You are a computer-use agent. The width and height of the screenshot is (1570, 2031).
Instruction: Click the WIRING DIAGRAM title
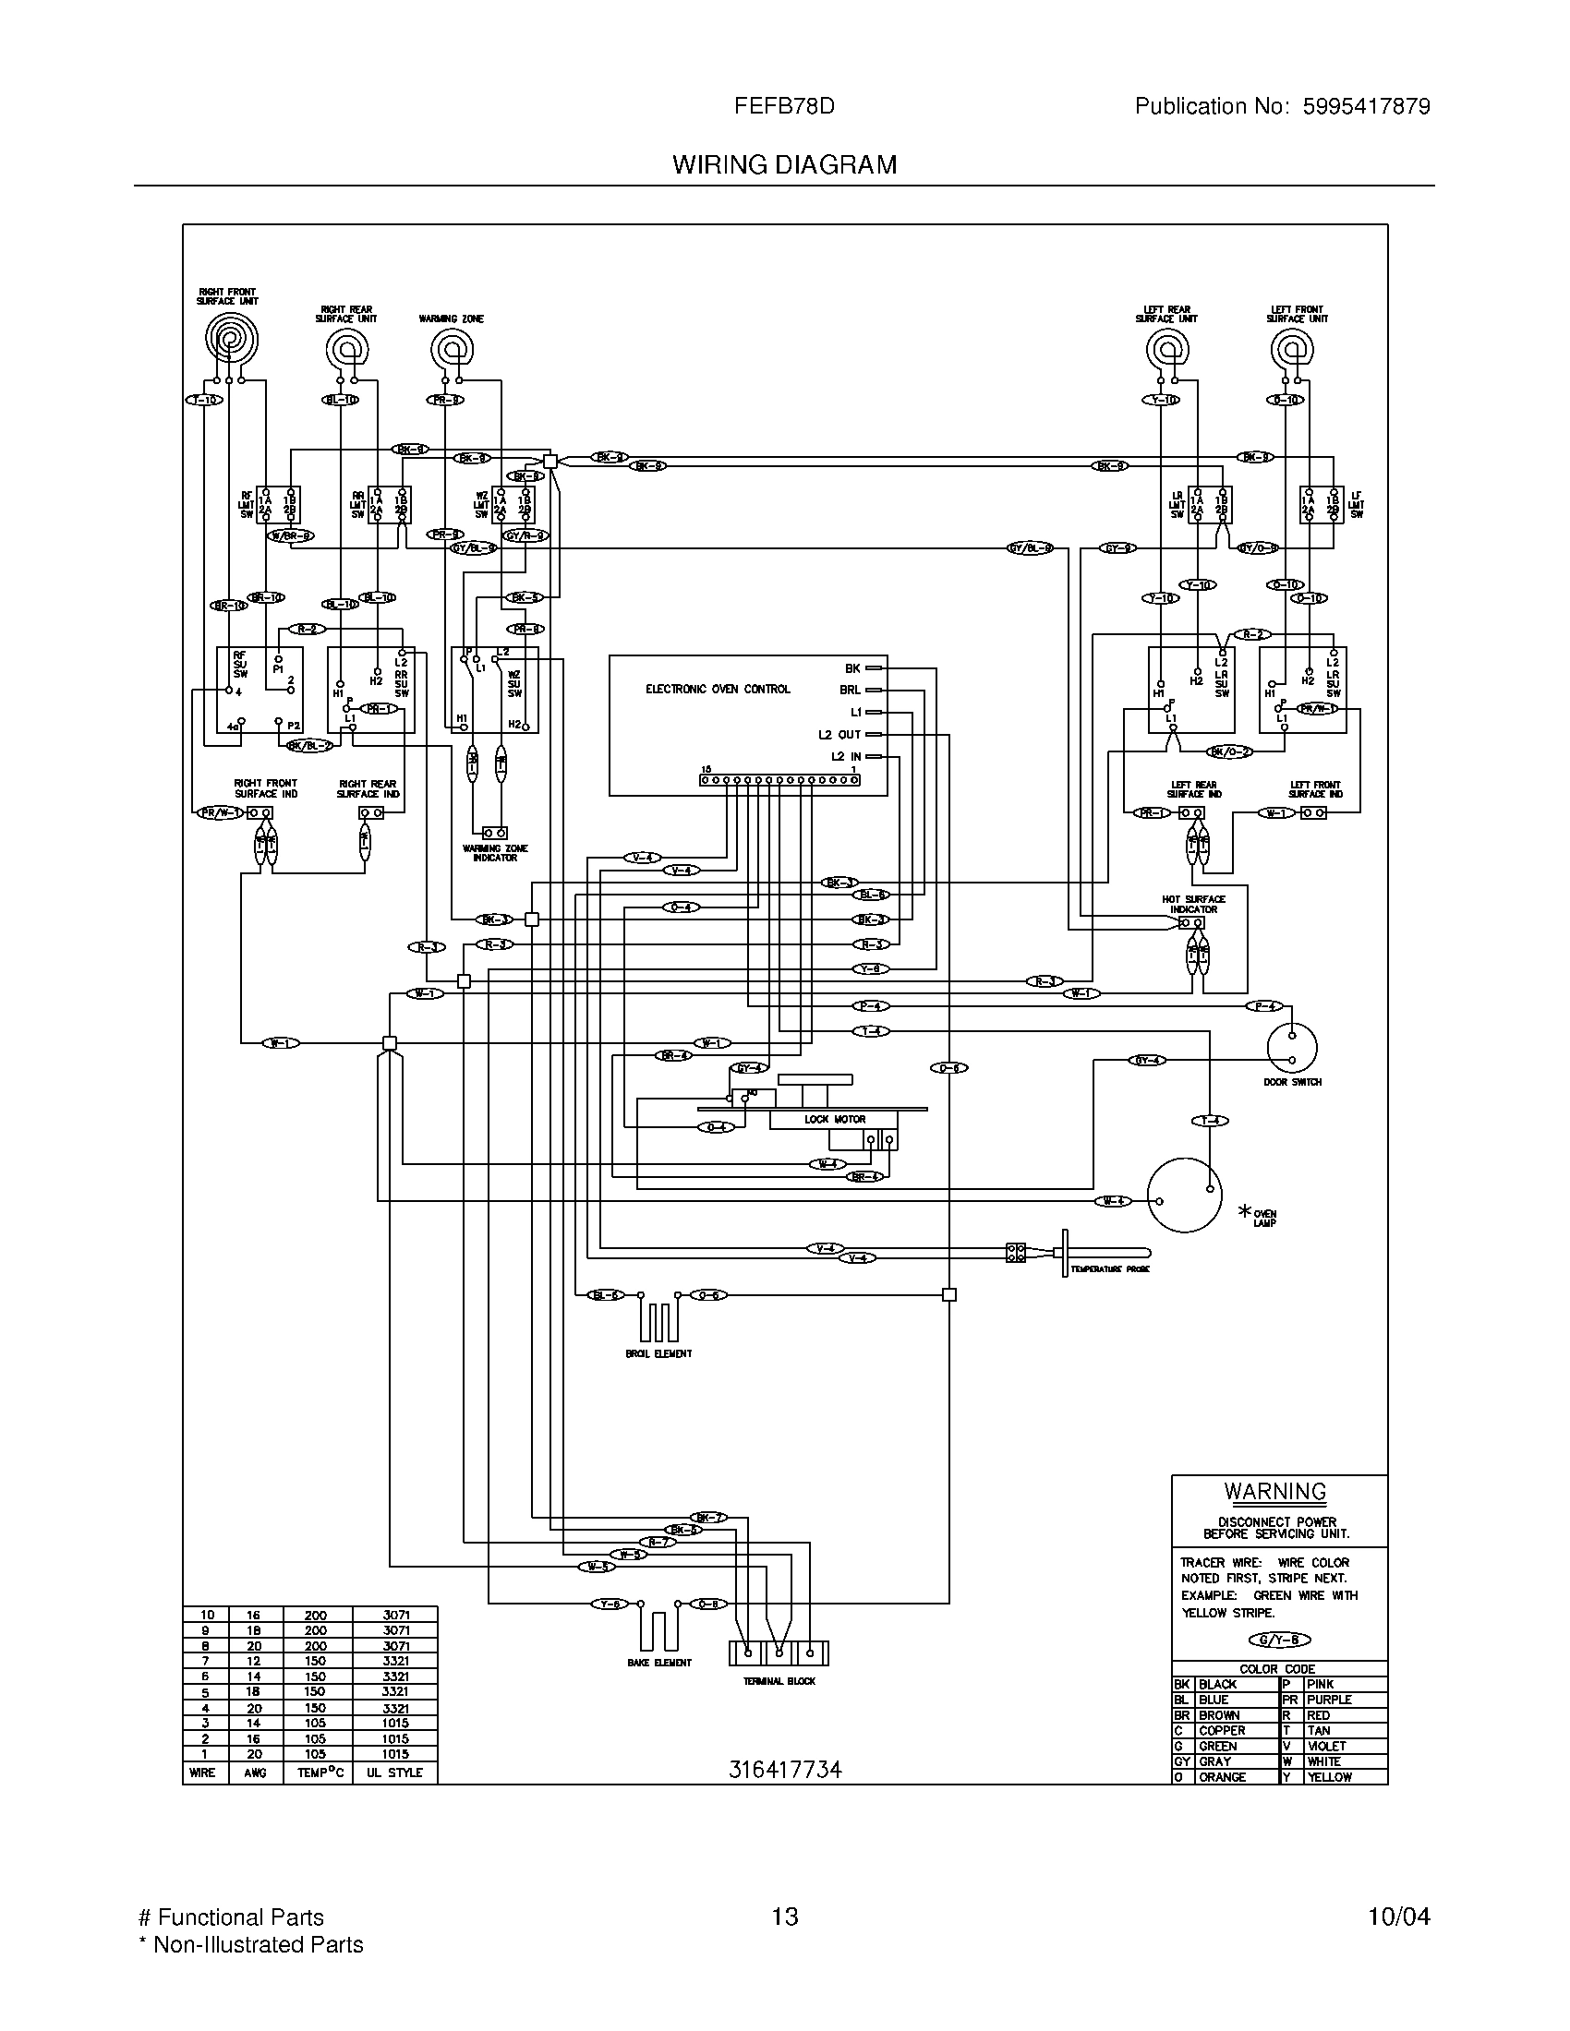784,165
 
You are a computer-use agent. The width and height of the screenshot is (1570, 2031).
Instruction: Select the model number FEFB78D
784,107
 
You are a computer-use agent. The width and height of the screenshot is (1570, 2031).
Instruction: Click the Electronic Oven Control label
717,689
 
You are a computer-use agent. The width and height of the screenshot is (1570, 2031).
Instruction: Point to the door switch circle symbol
1292,1047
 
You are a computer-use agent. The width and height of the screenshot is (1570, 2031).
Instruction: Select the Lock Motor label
834,1120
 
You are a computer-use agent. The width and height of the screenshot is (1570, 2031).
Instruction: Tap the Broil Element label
658,1354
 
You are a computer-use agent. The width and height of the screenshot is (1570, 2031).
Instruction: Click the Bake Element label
658,1663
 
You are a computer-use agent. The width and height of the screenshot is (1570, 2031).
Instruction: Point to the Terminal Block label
779,1681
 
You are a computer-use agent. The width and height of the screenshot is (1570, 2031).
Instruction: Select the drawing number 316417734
784,1770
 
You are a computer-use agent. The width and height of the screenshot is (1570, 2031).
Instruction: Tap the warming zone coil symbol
452,351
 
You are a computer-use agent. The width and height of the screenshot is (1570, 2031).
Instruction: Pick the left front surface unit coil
1292,350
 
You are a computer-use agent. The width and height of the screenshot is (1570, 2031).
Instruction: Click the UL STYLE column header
394,1773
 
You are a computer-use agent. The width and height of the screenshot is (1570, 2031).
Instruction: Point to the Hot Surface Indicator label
1193,904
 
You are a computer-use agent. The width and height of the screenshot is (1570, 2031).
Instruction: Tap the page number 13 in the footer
784,1917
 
